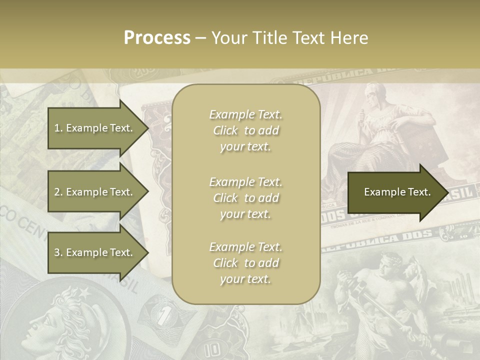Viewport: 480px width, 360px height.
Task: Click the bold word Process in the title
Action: click(157, 37)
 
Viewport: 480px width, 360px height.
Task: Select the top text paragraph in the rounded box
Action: click(245, 130)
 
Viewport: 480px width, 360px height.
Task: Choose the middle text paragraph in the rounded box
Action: click(245, 198)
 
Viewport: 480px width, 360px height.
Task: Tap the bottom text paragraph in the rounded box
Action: click(245, 263)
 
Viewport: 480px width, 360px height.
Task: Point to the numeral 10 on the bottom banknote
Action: click(212, 348)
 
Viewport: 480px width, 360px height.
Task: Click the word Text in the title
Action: click(309, 37)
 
